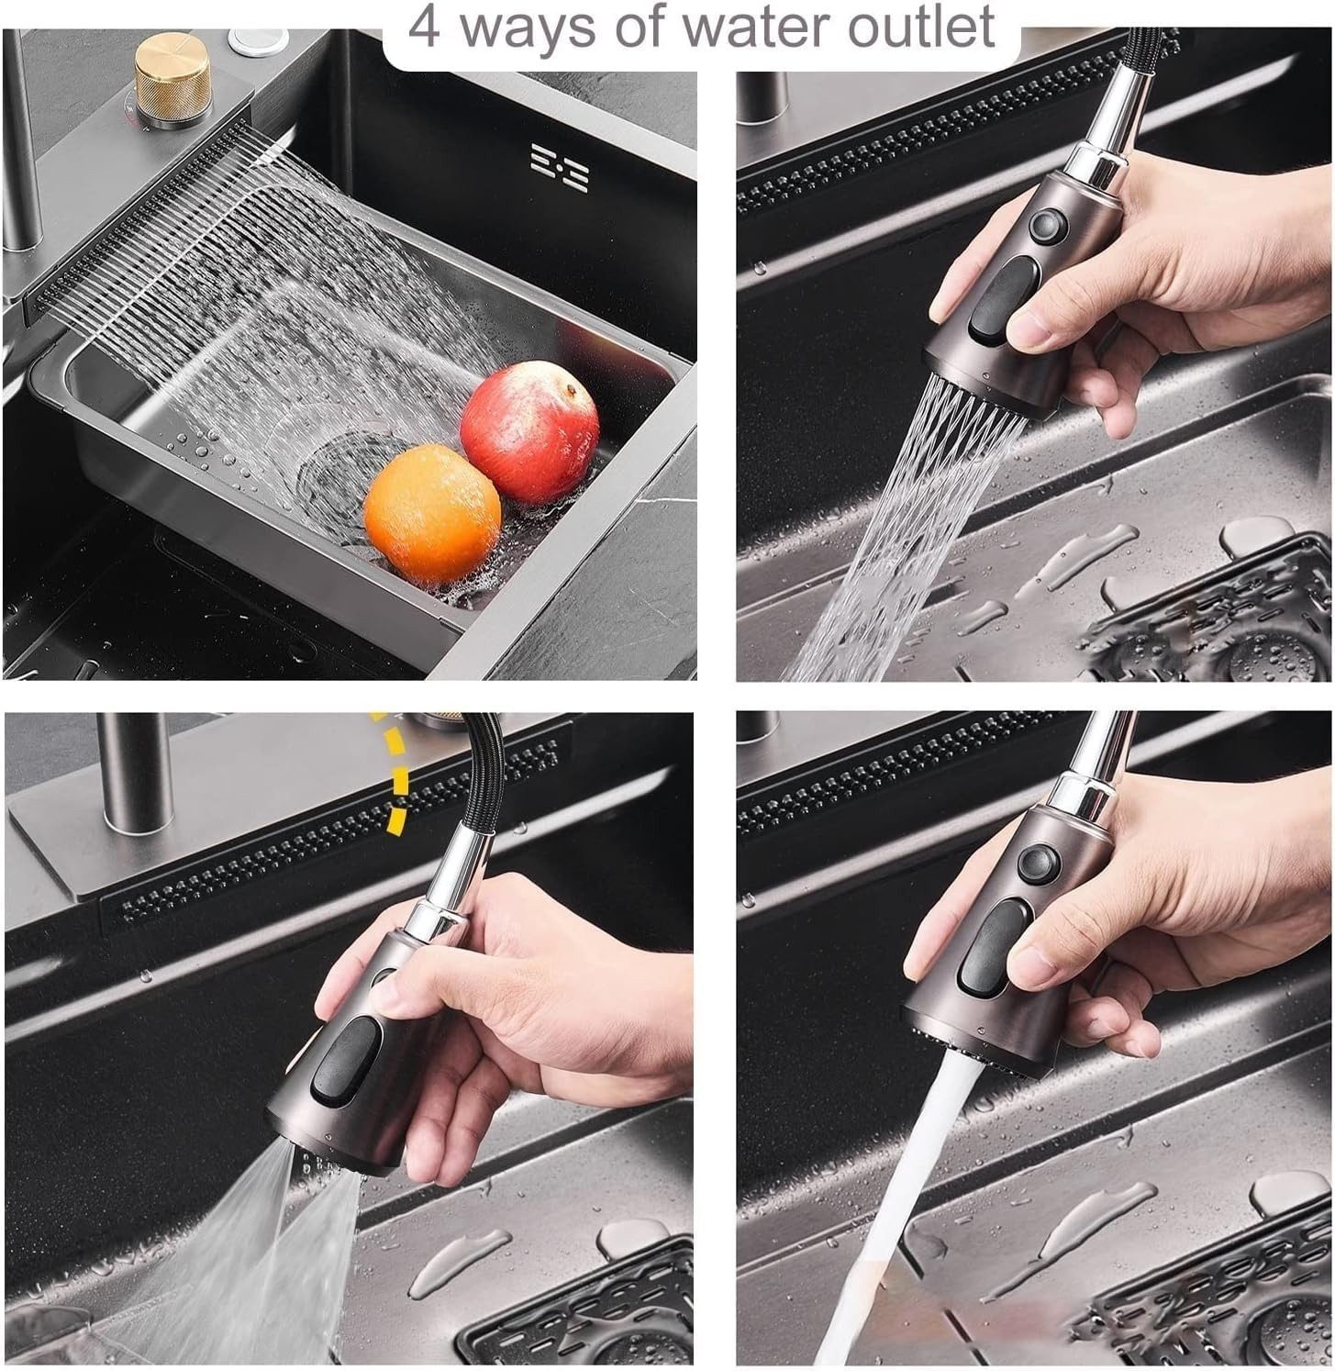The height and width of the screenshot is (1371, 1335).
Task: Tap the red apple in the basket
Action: [529, 419]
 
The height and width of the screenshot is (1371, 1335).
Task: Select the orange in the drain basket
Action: [432, 515]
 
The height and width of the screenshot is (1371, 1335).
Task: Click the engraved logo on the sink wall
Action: [560, 166]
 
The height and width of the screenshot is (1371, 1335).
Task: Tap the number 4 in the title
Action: [424, 25]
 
